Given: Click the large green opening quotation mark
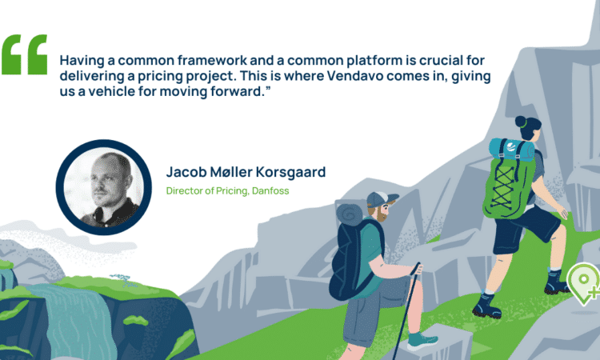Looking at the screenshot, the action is tap(25, 54).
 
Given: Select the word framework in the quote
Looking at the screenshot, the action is tap(212, 61).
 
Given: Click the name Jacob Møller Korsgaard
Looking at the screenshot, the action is tap(246, 172).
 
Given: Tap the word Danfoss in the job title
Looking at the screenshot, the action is tap(270, 190).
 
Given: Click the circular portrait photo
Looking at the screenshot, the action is tap(104, 187).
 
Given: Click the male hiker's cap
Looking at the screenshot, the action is tap(382, 199).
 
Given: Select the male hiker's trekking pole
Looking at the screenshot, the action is tap(406, 310).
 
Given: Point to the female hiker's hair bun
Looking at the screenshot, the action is tap(521, 122).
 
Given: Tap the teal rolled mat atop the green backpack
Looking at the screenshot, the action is tap(511, 150).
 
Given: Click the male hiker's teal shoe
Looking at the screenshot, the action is tap(422, 341).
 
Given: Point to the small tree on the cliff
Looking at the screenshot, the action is tap(122, 279).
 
